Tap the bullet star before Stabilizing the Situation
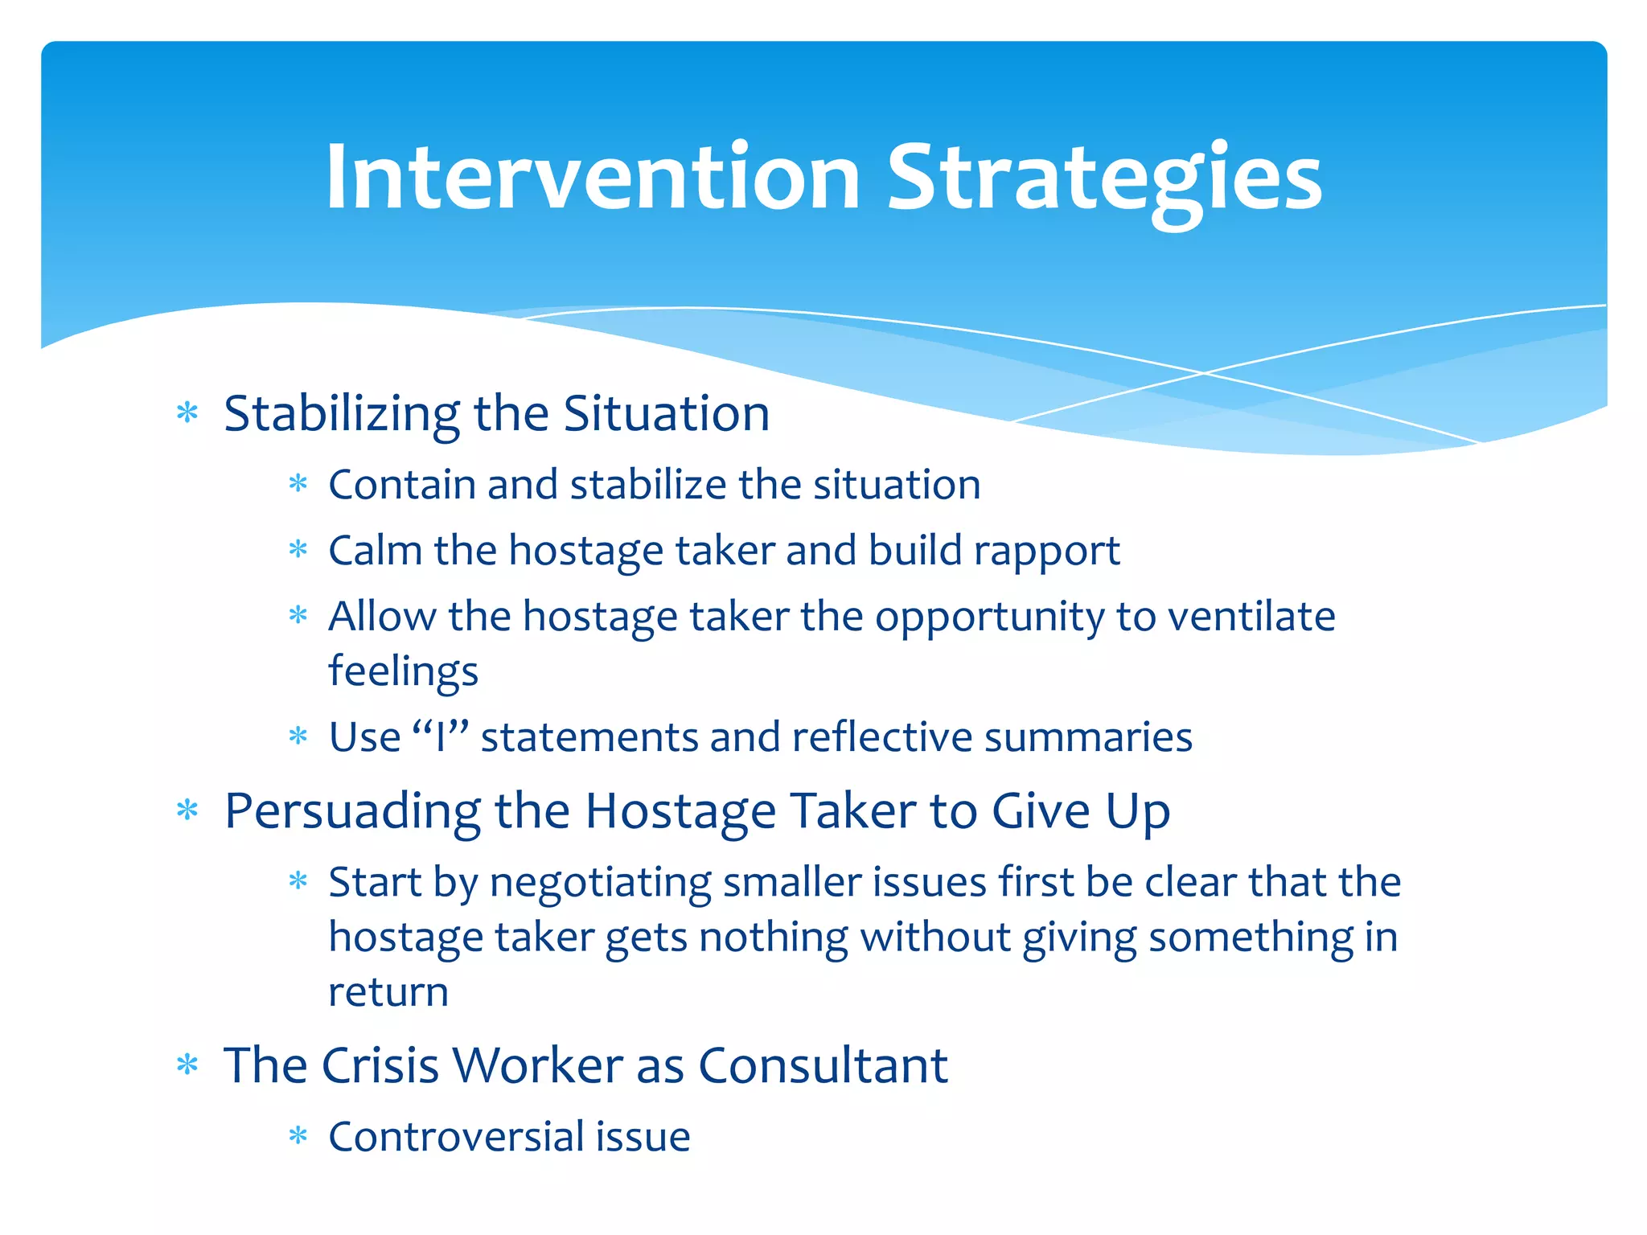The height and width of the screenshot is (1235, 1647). pos(187,413)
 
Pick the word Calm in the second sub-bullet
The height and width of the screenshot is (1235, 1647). pos(376,551)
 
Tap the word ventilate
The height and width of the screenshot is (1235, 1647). pos(1251,617)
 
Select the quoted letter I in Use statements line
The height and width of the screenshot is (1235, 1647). pos(440,737)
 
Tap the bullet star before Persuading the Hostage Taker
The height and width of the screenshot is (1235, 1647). pos(187,810)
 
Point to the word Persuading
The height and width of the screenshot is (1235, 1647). pos(352,812)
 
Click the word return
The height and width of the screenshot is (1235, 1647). pos(388,992)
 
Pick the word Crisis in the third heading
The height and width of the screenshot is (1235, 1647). pos(380,1066)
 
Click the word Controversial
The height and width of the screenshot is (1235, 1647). pos(456,1137)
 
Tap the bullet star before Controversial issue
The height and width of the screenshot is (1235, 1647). pos(298,1136)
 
